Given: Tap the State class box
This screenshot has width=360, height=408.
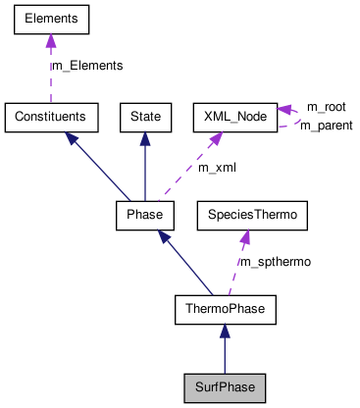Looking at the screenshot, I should point(145,117).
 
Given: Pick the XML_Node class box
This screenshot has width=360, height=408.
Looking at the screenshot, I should point(233,117).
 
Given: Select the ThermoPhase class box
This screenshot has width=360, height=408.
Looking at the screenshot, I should point(225,311).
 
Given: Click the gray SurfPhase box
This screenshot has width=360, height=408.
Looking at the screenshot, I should point(225,387).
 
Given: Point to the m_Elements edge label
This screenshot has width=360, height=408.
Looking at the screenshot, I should point(87,66).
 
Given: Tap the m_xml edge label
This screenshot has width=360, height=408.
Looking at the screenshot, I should point(218,168).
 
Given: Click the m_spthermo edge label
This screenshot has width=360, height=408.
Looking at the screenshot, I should point(278,263).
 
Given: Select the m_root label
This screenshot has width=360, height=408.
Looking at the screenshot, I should point(326,106).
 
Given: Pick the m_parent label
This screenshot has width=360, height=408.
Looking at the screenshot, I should point(326,126).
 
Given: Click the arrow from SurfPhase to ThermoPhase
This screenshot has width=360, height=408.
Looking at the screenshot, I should point(225,351).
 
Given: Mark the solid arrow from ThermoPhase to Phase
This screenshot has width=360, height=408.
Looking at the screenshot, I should point(186,264).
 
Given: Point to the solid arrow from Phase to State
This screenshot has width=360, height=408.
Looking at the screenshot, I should point(145,167).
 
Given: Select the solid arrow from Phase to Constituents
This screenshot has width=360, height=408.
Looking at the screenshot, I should point(98,166).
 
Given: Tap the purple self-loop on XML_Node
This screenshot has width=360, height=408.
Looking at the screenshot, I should point(291,116).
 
